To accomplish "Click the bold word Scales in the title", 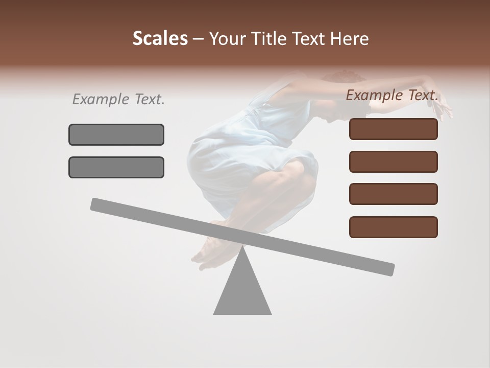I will click(160, 38).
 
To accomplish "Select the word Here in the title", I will click(351, 38).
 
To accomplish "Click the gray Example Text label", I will click(118, 99).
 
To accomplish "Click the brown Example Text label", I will click(392, 95).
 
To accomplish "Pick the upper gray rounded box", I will click(116, 134).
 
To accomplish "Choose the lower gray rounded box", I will click(116, 167).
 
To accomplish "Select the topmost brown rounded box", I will click(394, 129).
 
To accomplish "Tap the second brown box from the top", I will click(394, 162).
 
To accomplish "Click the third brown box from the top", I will click(394, 194).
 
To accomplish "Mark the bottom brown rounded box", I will click(394, 227).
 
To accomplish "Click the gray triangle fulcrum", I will click(242, 291).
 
